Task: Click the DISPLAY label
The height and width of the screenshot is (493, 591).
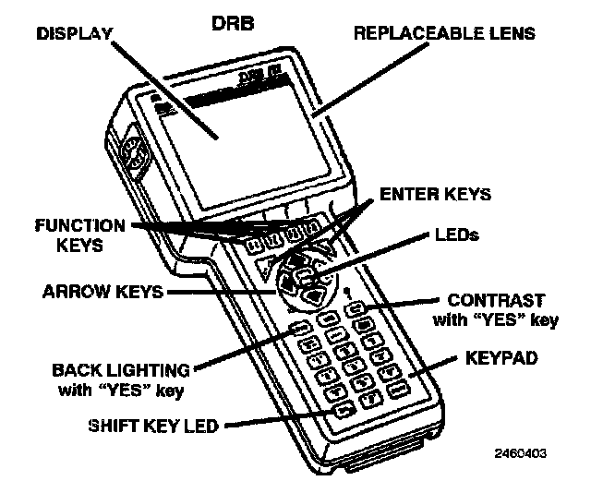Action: (74, 34)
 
